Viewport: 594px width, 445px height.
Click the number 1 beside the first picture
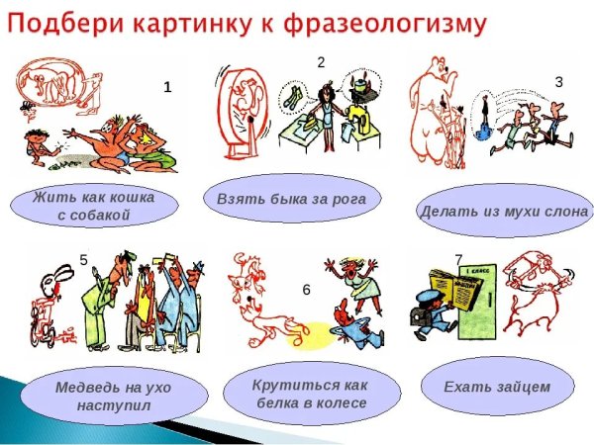point(167,87)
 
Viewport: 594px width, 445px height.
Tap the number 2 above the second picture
point(321,61)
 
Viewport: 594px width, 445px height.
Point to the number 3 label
point(558,82)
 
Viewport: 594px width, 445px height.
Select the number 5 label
point(84,260)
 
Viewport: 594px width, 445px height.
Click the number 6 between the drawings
point(306,290)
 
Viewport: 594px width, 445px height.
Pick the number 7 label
point(458,259)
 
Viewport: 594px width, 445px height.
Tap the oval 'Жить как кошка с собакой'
point(94,206)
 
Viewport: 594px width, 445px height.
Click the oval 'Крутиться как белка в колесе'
point(312,394)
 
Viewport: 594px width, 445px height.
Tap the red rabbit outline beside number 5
point(49,297)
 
